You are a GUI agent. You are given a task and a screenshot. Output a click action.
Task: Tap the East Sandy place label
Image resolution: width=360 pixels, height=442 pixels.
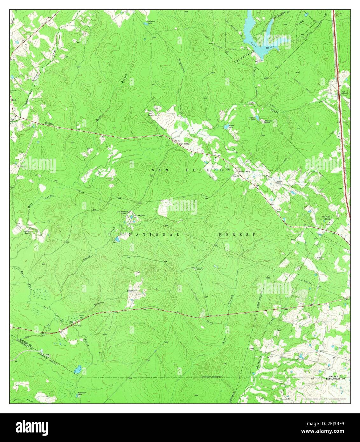tap(184, 144)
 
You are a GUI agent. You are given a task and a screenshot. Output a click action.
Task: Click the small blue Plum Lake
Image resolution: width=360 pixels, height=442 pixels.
tap(226, 127)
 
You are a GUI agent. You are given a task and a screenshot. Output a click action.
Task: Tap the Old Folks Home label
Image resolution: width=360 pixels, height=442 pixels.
tap(326, 218)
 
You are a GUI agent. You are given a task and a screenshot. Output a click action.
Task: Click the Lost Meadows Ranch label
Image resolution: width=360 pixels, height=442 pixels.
tap(122, 212)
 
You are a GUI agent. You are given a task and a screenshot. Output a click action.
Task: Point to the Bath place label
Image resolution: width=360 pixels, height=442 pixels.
tap(14, 100)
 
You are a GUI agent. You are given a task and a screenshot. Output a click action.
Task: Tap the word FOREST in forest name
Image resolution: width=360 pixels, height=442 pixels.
tap(237, 234)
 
